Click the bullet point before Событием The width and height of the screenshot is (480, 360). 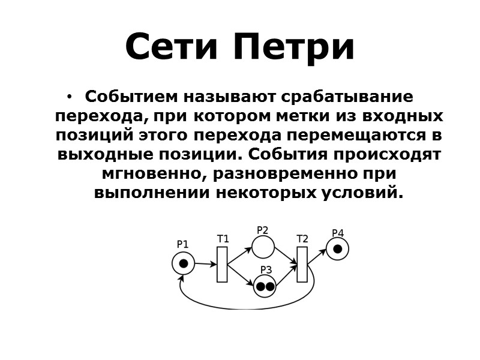70,97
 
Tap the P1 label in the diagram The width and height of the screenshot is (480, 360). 182,244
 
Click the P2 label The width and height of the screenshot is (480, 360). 262,230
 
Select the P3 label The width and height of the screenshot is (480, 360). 266,270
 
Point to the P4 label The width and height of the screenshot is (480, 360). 338,233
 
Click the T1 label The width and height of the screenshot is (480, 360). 223,239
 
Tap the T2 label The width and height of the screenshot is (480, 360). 302,239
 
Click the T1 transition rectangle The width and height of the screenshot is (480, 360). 222,264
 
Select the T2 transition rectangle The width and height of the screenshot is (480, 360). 302,264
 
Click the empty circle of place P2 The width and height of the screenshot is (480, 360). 263,247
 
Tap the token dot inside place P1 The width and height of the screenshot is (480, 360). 184,263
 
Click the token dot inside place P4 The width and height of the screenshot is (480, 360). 338,248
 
